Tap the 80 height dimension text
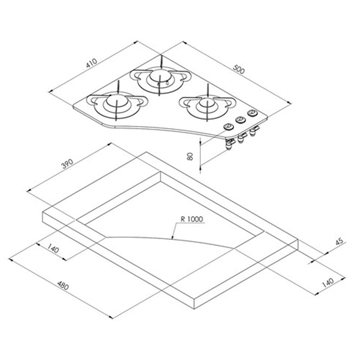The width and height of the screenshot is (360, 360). tap(190, 156)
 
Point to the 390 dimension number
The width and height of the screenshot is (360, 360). tap(67, 165)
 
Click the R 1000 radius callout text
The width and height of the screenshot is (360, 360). tap(192, 219)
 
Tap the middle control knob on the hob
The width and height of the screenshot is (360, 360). tap(240, 120)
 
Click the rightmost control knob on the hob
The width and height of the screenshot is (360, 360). tap(252, 113)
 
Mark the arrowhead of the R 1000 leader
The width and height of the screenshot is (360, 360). tap(172, 239)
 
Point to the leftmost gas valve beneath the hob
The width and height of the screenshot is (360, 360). tap(228, 146)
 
